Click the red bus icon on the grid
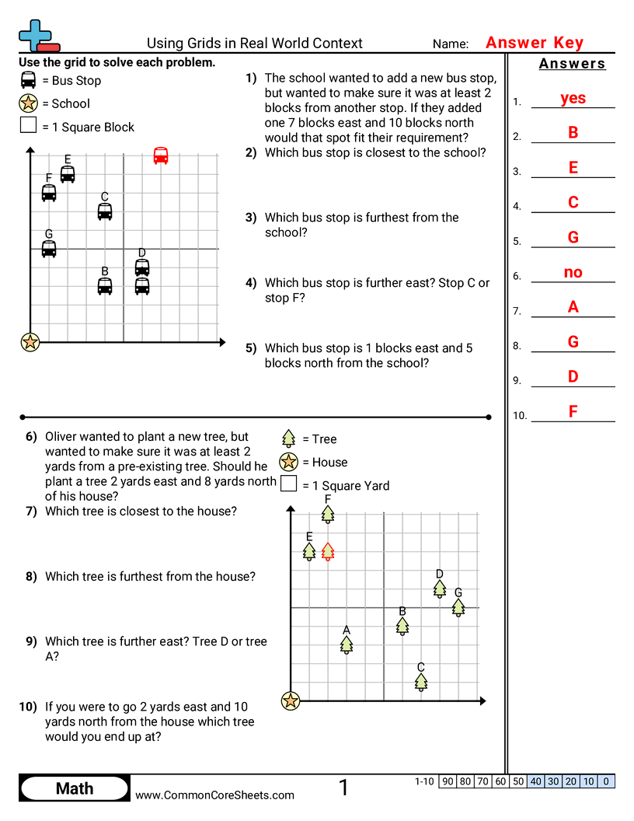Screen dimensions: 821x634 pyautogui.click(x=161, y=155)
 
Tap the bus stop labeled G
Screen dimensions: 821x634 pyautogui.click(x=49, y=248)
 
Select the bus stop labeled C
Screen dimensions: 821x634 pyautogui.click(x=105, y=211)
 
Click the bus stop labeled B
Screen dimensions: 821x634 pyautogui.click(x=105, y=285)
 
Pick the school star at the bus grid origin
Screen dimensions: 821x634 pyautogui.click(x=30, y=341)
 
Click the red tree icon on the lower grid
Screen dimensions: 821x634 pyautogui.click(x=328, y=551)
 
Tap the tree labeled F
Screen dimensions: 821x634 pyautogui.click(x=328, y=514)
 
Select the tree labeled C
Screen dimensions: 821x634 pyautogui.click(x=421, y=681)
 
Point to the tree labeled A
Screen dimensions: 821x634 pyautogui.click(x=347, y=644)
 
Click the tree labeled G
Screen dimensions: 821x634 pyautogui.click(x=458, y=607)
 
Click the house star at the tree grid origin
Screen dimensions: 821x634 pyautogui.click(x=291, y=700)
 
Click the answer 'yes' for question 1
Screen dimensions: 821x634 pyautogui.click(x=573, y=98)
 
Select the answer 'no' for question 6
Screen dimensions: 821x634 pyautogui.click(x=573, y=272)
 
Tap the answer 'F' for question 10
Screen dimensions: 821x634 pyautogui.click(x=573, y=412)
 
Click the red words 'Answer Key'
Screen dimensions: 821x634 pyautogui.click(x=535, y=43)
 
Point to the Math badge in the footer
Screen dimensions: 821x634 pyautogui.click(x=75, y=788)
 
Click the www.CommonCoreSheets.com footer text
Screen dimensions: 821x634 pyautogui.click(x=215, y=795)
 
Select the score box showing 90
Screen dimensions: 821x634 pyautogui.click(x=448, y=781)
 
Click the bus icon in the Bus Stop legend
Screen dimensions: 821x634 pyautogui.click(x=29, y=80)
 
